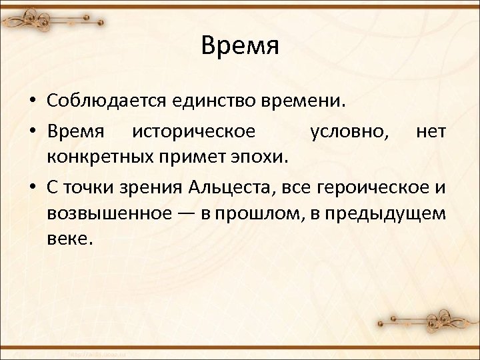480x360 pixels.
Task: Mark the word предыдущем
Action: tap(391, 213)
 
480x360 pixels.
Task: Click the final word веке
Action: tap(67, 237)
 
